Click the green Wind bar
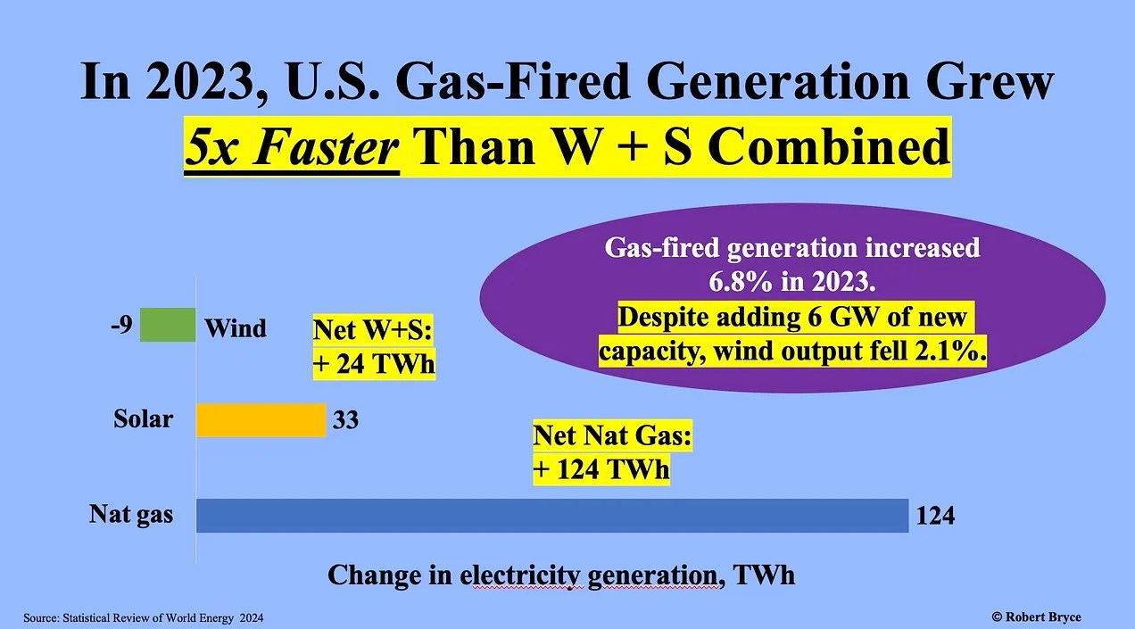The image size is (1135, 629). (x=168, y=325)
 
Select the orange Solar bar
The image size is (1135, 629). (x=261, y=420)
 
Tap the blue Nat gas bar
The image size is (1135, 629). (x=552, y=516)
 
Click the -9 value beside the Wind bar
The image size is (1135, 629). (x=121, y=325)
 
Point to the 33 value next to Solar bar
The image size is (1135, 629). (x=345, y=420)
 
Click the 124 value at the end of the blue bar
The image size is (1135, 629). (x=935, y=516)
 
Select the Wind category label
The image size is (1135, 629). (x=235, y=328)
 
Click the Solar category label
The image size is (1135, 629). (x=143, y=418)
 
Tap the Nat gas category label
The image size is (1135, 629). (x=131, y=514)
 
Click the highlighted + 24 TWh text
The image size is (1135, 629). (x=374, y=364)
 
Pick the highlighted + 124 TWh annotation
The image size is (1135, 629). (x=601, y=469)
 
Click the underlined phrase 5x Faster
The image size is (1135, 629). (x=292, y=147)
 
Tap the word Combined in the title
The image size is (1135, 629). (x=828, y=146)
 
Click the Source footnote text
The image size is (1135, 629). (x=144, y=618)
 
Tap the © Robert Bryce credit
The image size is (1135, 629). (x=1036, y=617)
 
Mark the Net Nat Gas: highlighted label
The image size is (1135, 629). (x=612, y=435)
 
